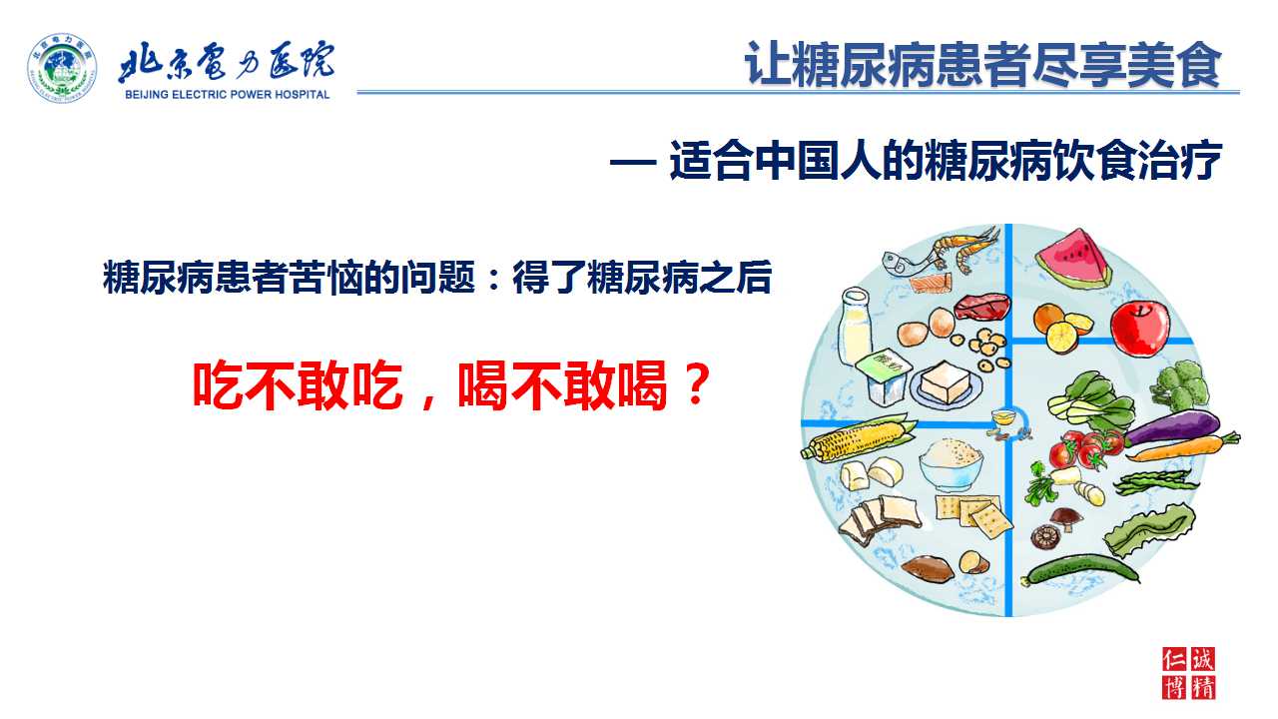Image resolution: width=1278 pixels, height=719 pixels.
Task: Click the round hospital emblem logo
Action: coord(62,68)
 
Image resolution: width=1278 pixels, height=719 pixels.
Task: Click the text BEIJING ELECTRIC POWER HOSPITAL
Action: coord(227,95)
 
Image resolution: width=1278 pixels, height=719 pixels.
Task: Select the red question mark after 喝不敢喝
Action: coord(696,383)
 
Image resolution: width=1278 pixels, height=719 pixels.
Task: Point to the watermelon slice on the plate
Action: coord(1073,259)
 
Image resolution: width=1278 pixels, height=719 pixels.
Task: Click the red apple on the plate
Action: coord(1140,329)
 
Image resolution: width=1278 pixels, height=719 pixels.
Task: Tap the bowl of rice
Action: coord(951,463)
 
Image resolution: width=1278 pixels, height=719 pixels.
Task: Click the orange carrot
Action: coord(1184,448)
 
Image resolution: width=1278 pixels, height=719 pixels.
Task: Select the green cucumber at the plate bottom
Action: coord(1080,569)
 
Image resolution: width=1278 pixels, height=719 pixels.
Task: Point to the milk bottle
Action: coord(856,326)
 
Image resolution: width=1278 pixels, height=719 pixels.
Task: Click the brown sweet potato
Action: coord(928,568)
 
